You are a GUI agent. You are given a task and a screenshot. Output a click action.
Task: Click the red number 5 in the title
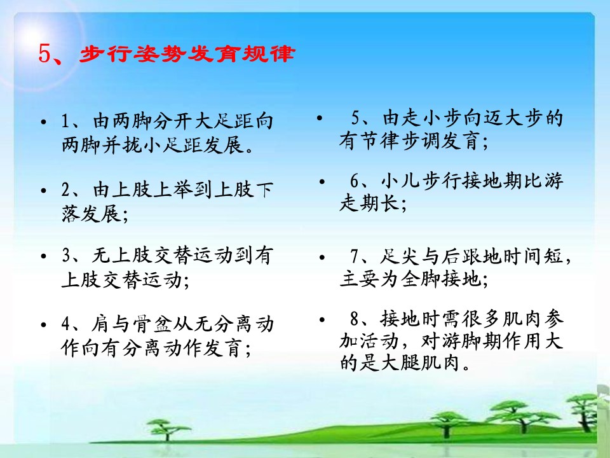pyautogui.click(x=44, y=53)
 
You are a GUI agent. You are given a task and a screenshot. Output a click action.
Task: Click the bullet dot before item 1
pyautogui.click(x=44, y=122)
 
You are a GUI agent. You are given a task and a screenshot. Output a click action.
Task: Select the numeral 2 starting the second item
pyautogui.click(x=65, y=190)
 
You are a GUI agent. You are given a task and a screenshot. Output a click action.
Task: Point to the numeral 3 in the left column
pyautogui.click(x=65, y=256)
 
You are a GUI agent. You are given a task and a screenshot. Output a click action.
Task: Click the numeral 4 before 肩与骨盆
pyautogui.click(x=65, y=324)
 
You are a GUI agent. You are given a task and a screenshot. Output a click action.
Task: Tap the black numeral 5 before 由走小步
pyautogui.click(x=356, y=117)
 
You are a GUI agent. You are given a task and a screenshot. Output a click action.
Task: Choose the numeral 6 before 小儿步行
pyautogui.click(x=355, y=181)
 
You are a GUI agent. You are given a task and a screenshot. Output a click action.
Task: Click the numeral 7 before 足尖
pyautogui.click(x=355, y=256)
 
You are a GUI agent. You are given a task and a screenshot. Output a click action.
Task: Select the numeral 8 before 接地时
pyautogui.click(x=355, y=319)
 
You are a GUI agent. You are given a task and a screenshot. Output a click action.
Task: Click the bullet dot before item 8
pyautogui.click(x=322, y=320)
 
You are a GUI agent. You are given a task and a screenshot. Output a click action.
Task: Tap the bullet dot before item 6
pyautogui.click(x=322, y=182)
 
